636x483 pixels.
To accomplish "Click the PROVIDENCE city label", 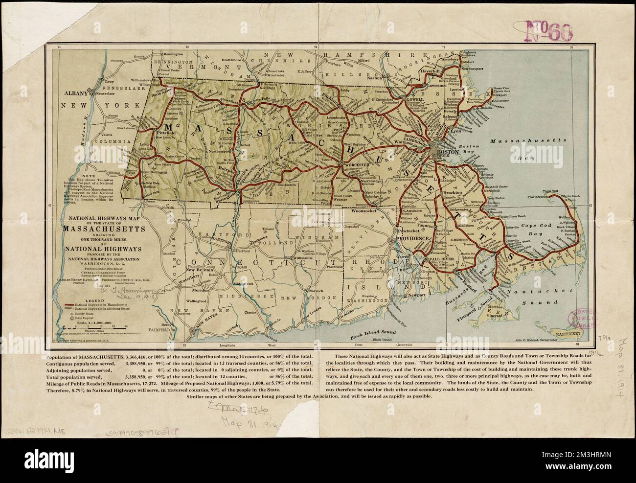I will (x=412, y=237).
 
